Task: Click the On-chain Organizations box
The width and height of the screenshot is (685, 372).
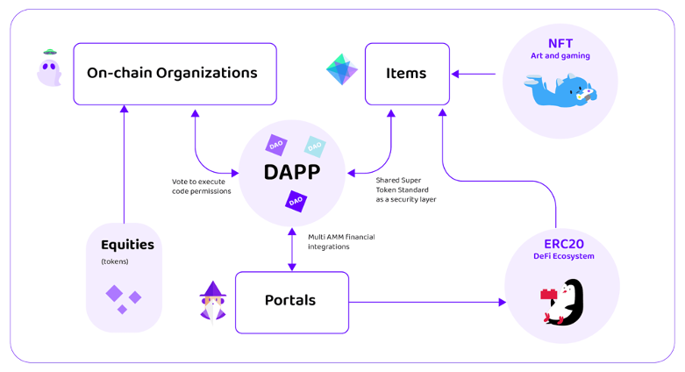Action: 175,74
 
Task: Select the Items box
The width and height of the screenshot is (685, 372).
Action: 407,74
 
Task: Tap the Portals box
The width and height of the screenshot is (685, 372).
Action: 292,303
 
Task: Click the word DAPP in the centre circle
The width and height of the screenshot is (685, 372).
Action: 292,172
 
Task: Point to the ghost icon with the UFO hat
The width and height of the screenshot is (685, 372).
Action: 49,68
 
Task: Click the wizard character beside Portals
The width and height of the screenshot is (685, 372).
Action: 213,302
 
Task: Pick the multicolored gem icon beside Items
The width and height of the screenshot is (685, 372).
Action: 342,69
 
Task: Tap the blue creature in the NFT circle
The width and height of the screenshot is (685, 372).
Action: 560,90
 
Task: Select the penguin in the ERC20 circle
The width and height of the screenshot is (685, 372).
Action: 563,302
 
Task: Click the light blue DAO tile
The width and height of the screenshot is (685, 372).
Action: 315,147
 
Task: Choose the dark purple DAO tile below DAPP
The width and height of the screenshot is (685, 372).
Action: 296,201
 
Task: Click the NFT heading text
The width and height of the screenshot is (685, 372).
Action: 560,43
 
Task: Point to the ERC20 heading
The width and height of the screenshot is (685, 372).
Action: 564,244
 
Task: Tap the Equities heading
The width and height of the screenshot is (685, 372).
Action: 127,245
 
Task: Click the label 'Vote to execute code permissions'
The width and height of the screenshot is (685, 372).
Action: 202,186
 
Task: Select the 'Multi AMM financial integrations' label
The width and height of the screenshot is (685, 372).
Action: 341,242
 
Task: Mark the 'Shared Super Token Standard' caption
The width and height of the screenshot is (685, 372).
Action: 402,185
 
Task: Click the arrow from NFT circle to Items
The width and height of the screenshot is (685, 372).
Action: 474,74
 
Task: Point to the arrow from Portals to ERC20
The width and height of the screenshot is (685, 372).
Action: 428,302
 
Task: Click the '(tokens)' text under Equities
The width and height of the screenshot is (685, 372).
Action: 115,261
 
